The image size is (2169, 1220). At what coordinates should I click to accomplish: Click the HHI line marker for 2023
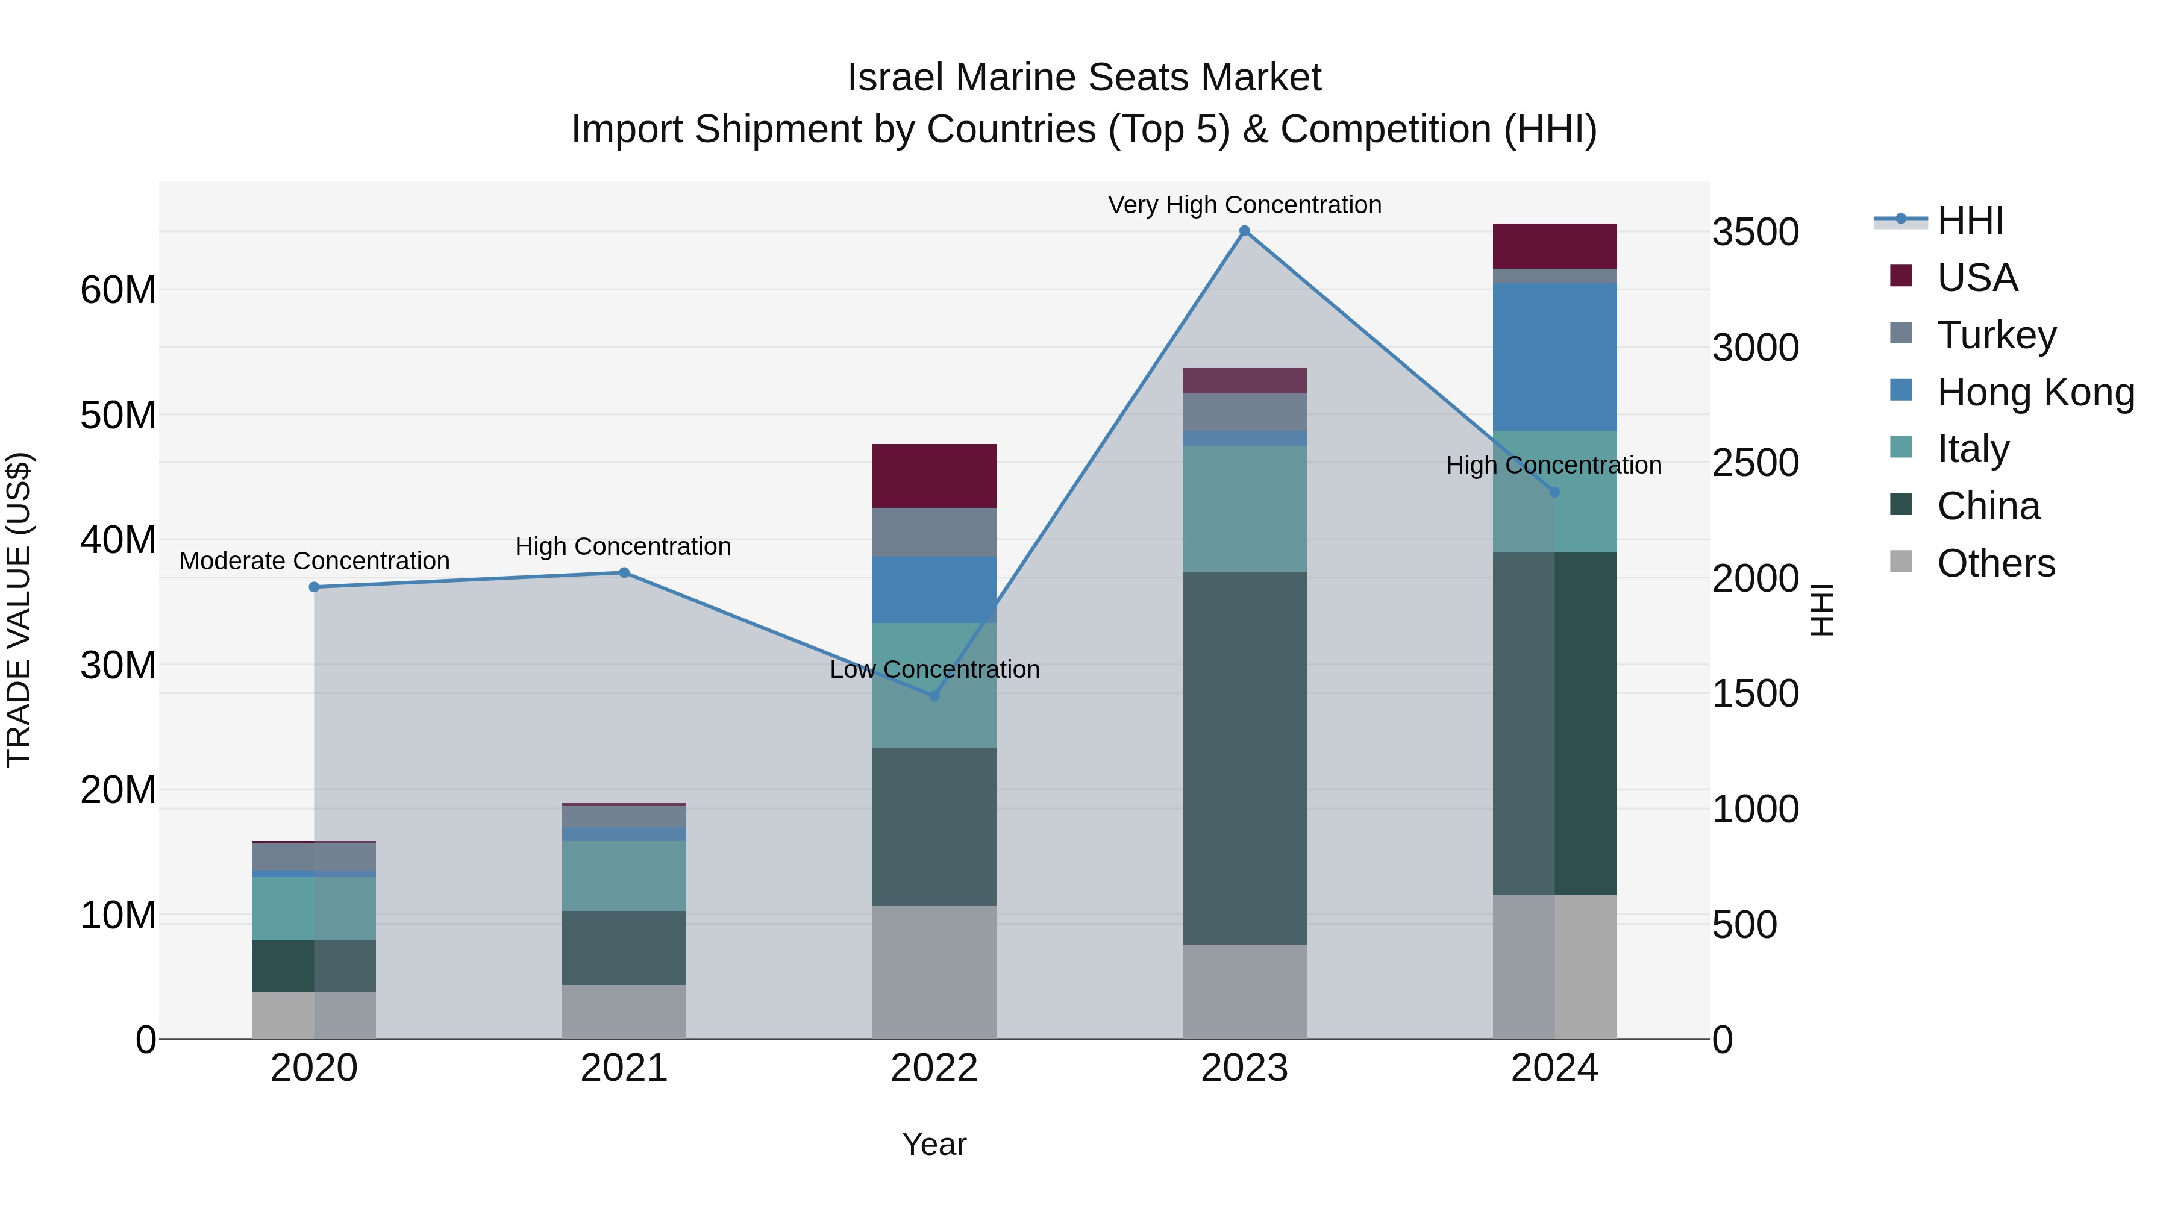1244,231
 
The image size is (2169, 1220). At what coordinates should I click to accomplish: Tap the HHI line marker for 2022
934,695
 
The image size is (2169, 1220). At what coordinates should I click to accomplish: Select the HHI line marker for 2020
314,587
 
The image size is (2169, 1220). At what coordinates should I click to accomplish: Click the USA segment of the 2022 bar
934,476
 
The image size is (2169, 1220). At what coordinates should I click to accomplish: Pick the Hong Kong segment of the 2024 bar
1554,357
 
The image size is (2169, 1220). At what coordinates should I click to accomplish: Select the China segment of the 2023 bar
1244,758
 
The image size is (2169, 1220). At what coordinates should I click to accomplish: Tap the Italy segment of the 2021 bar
624,875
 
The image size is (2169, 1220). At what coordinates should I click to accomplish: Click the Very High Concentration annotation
1244,205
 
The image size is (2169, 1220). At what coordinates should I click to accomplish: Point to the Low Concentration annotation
934,670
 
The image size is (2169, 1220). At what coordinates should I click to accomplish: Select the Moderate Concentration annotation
314,561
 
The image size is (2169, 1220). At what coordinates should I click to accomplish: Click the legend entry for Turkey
1995,335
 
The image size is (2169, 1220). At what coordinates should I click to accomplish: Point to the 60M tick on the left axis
118,290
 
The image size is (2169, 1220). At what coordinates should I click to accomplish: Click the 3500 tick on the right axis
1756,233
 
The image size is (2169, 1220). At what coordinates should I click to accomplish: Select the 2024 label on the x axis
1554,1068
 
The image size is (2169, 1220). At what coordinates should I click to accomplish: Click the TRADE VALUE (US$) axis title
19,610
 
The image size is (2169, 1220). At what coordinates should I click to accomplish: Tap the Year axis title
934,1144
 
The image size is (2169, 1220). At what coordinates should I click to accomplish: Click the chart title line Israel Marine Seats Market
1084,78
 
